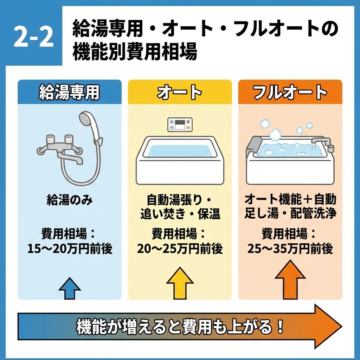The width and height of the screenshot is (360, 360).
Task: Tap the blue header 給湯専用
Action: coord(69,92)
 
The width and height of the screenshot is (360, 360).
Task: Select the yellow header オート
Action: coord(180,92)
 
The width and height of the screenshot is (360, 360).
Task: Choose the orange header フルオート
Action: coord(290,92)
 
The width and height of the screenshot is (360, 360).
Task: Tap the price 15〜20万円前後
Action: coord(70,249)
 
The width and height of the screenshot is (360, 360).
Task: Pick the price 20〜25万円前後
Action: coord(180,249)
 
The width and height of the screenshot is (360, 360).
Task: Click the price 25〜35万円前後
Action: coord(290,249)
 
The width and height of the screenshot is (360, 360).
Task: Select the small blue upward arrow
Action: coord(70,288)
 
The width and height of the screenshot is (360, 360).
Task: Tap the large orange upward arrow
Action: coord(290,279)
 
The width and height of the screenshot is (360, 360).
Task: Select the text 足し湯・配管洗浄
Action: coord(290,214)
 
